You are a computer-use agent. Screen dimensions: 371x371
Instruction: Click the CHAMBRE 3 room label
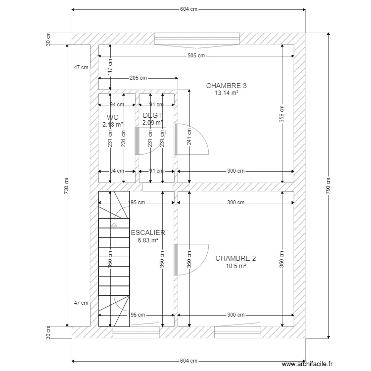[x=226, y=86]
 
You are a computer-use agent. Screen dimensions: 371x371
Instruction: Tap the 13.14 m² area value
[x=227, y=93]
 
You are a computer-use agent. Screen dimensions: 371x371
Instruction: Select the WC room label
[x=112, y=117]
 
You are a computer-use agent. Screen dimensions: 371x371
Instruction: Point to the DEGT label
[x=152, y=115]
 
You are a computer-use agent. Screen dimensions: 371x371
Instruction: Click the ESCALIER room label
[x=148, y=232]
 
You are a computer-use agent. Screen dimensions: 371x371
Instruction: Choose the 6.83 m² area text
[x=148, y=240]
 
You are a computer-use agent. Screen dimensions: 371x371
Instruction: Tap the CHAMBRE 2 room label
[x=235, y=258]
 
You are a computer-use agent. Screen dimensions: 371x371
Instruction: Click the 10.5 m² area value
[x=236, y=266]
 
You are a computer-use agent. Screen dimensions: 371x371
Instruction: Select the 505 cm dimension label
[x=196, y=56]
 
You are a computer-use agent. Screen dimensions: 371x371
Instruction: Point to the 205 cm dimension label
[x=138, y=78]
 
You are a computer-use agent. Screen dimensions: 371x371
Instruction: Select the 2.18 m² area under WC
[x=113, y=125]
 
